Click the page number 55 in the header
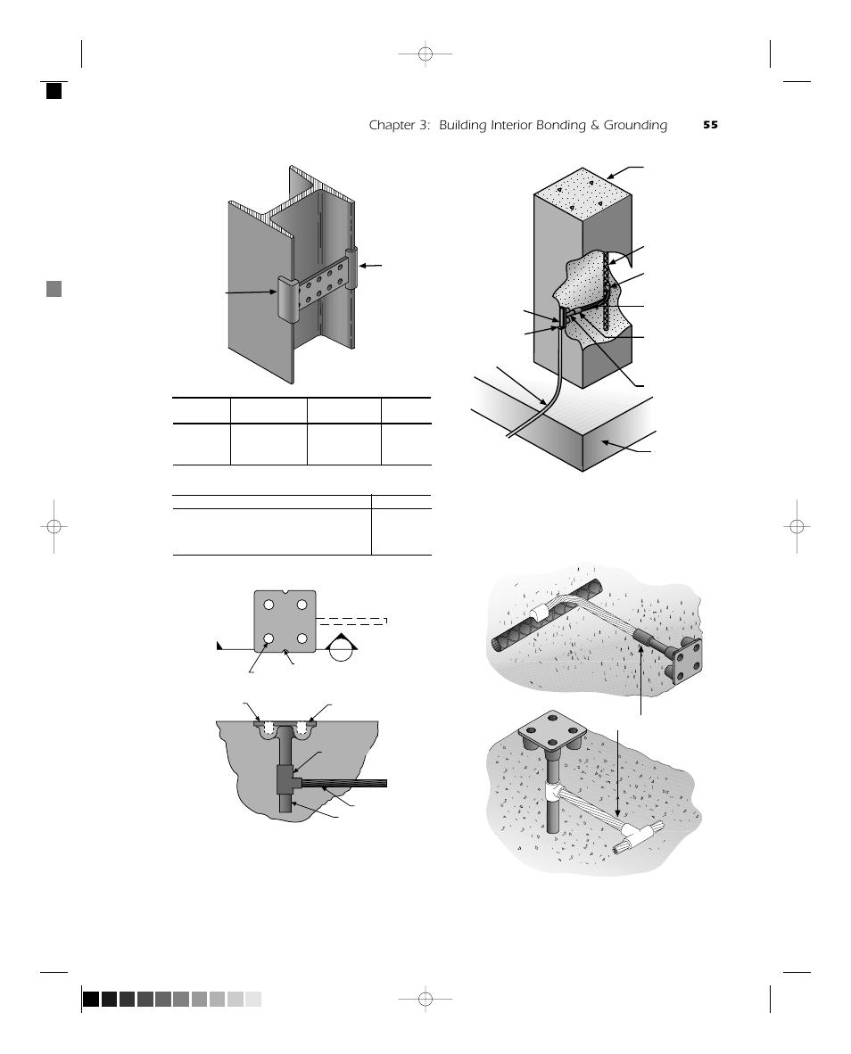click(710, 126)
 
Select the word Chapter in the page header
click(392, 126)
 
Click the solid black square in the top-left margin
click(54, 90)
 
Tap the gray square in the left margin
click(54, 288)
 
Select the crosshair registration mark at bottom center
click(425, 999)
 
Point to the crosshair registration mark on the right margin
click(797, 526)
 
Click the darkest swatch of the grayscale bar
click(91, 999)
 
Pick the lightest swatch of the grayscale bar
click(253, 999)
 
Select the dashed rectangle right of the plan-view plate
click(353, 621)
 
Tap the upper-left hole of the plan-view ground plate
click(269, 605)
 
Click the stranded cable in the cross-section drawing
click(348, 784)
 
